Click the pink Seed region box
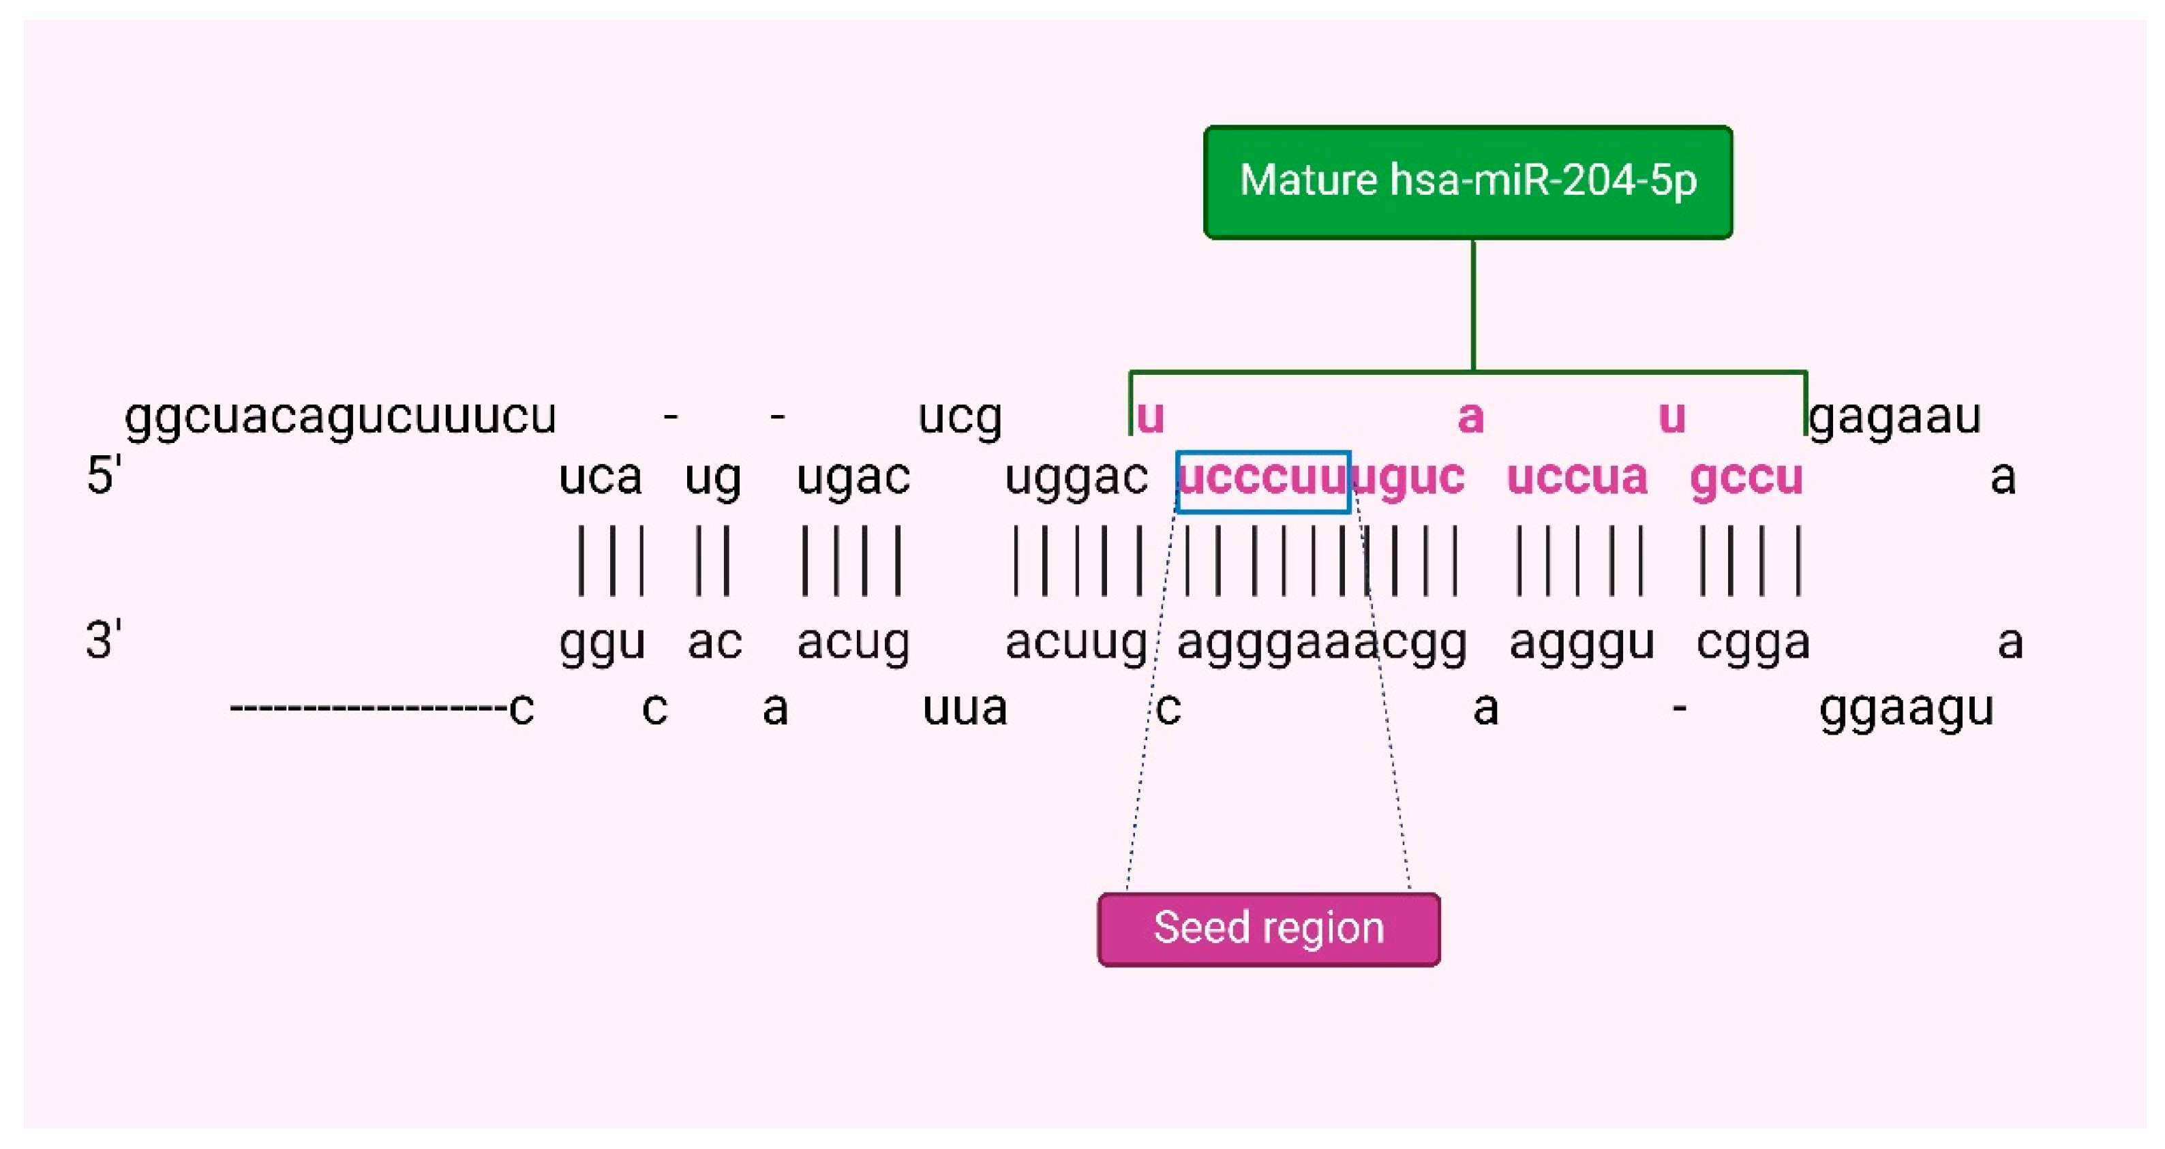click(1268, 929)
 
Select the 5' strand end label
click(104, 475)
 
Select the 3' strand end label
click(104, 641)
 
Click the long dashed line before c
click(368, 709)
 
